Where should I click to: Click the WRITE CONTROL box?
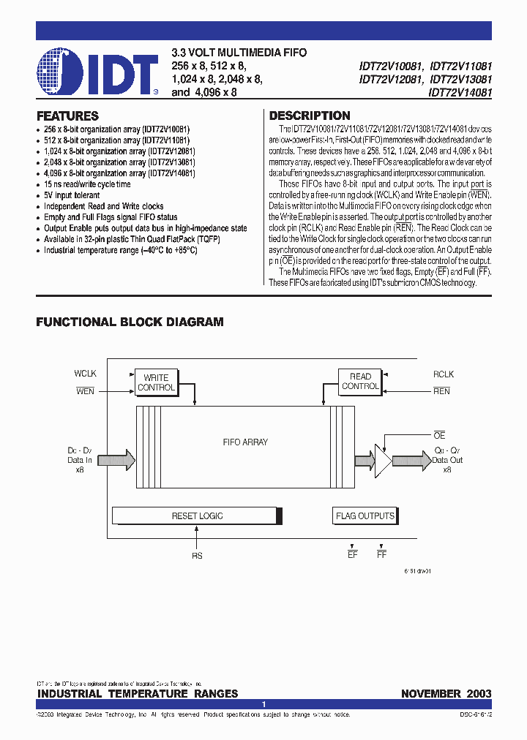156,382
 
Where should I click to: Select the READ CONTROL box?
360,381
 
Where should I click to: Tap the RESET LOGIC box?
197,516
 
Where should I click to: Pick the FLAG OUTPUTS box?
365,516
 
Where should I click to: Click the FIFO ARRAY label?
244,442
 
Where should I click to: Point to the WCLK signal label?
86,374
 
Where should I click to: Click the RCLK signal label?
444,374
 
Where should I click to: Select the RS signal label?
197,556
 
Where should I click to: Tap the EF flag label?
352,556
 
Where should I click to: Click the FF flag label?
381,556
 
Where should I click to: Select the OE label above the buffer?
439,436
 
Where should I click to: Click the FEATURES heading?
67,116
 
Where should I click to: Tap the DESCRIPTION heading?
310,116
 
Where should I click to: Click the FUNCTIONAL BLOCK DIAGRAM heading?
130,322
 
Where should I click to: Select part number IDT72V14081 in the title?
460,94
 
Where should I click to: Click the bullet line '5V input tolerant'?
72,195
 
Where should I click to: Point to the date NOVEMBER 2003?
446,693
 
